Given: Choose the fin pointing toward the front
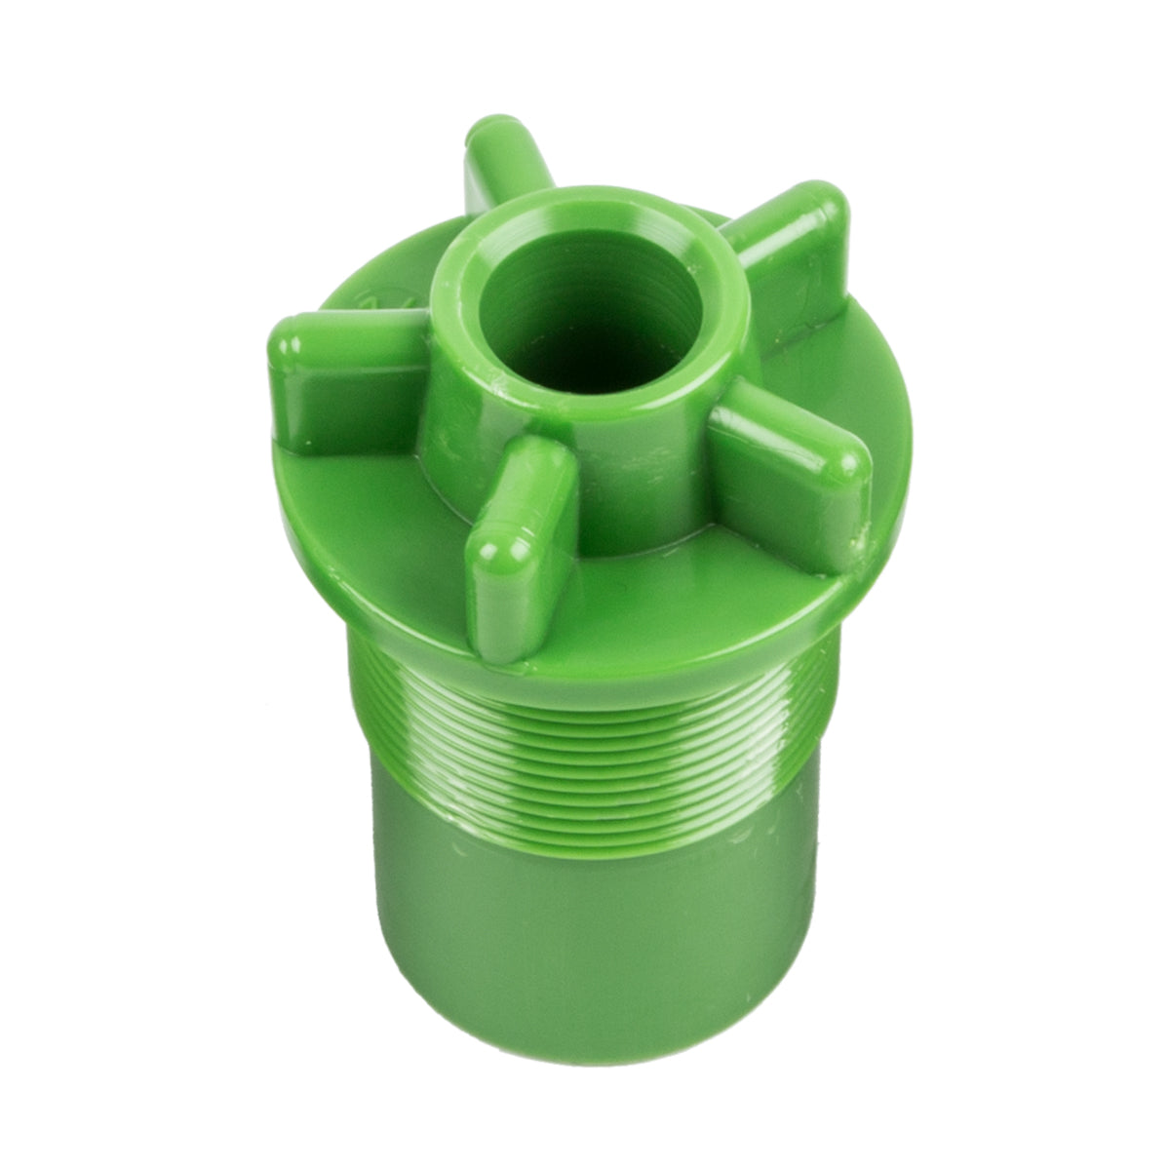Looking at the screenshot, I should [517, 546].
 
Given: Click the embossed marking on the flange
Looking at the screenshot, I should [375, 297].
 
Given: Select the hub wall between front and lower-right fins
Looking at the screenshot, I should [634, 478].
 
